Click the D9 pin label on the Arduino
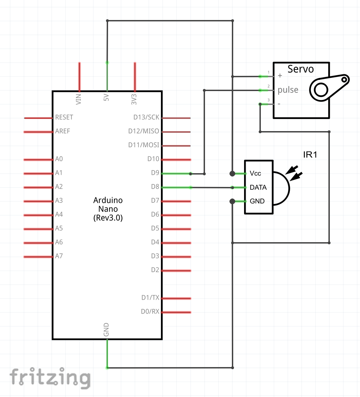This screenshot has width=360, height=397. coord(155,173)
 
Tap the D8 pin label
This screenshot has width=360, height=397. coord(155,187)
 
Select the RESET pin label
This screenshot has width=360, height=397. coord(64,117)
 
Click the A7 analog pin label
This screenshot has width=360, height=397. coord(59,256)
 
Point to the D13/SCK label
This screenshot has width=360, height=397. coord(146,117)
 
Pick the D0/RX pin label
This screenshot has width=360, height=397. coord(150,312)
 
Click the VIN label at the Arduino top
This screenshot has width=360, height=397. coord(79,99)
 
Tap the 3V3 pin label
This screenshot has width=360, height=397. coord(134,99)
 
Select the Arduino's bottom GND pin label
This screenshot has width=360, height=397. coord(106,330)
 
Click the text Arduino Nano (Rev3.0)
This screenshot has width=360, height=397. coord(108,209)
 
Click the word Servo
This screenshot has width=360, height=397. coord(301,69)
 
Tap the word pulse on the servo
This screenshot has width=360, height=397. coord(288,90)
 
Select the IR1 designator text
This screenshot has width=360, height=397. coord(310,154)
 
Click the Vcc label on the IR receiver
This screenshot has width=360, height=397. coord(255,174)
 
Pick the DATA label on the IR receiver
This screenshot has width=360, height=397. coord(258,187)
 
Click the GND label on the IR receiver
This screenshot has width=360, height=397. coord(257,201)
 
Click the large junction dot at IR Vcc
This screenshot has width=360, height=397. coord(232,174)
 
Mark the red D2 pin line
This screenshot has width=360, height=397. coord(176,271)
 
